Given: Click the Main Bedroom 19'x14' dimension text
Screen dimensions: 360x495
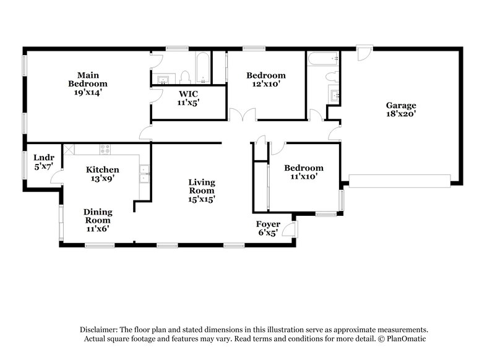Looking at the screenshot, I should (x=87, y=92).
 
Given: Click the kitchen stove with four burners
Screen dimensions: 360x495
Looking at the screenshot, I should (x=105, y=149).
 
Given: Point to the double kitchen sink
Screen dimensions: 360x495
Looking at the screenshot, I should (x=144, y=174).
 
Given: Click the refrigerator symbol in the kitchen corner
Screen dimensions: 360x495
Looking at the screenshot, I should (x=69, y=149).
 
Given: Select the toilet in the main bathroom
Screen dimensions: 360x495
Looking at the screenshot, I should (x=184, y=77).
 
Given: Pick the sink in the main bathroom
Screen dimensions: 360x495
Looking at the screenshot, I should (x=163, y=79).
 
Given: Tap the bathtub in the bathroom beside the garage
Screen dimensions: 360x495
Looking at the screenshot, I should (x=322, y=59).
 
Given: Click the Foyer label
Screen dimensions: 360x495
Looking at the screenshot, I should (x=268, y=224).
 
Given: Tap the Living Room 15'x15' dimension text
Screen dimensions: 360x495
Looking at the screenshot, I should (x=202, y=199).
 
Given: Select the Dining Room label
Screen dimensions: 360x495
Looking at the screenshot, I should (x=98, y=216).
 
